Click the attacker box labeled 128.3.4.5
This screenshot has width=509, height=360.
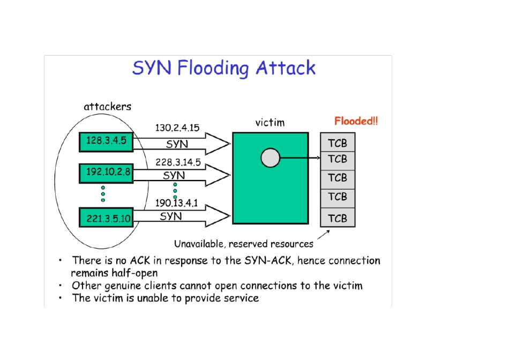coord(107,141)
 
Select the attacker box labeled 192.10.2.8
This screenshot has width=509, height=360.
coord(107,171)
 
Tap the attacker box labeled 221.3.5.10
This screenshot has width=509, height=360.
coord(107,217)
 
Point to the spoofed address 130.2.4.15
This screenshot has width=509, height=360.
coord(177,128)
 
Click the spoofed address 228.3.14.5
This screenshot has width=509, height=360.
coord(177,161)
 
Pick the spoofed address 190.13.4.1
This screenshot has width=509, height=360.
coord(177,204)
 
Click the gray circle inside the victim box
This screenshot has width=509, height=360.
coord(270,157)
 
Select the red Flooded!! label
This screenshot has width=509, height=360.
coord(356,121)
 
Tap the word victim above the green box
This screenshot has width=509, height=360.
coord(270,123)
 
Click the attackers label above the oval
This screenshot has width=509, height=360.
coord(107,107)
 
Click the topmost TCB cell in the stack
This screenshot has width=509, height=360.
coord(338,143)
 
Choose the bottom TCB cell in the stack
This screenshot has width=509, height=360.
coord(338,219)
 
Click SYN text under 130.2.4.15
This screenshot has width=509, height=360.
coord(177,144)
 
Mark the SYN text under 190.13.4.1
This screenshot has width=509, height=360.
coord(171,216)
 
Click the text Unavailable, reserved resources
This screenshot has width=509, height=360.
coord(244,244)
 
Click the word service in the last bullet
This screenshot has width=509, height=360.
coord(239,298)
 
